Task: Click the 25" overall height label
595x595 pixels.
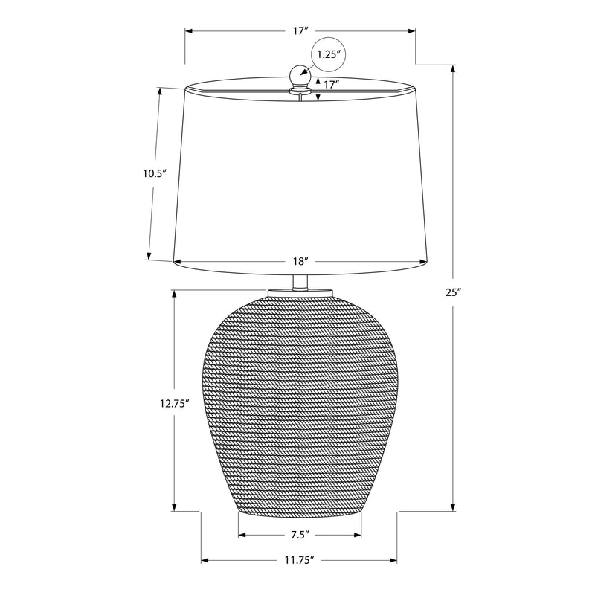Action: [x=454, y=292]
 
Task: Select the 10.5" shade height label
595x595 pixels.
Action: [x=155, y=174]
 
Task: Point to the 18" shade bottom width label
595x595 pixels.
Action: [x=300, y=261]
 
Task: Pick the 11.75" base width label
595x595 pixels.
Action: [x=300, y=560]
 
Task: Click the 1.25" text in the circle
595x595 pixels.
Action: [x=328, y=54]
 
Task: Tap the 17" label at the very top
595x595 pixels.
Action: [x=300, y=30]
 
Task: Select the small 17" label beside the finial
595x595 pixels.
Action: [x=331, y=84]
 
